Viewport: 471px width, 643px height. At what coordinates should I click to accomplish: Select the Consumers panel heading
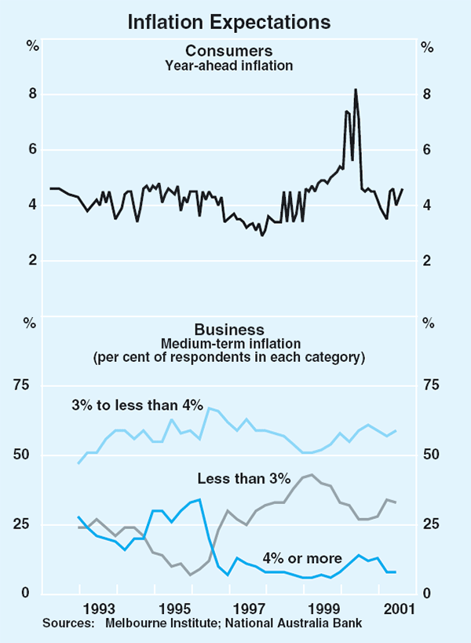click(x=229, y=52)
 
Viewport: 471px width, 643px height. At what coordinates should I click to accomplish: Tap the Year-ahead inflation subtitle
click(x=229, y=66)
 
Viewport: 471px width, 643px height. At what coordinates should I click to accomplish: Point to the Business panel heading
click(x=229, y=330)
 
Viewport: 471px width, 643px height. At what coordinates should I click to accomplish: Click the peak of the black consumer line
click(x=356, y=90)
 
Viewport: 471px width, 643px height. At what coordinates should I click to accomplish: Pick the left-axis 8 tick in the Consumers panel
click(x=34, y=94)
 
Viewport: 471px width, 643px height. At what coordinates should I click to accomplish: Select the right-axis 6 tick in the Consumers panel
click(x=428, y=150)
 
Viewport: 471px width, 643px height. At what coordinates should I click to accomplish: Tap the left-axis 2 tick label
click(x=34, y=261)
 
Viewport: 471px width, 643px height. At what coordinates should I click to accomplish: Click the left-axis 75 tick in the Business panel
click(x=31, y=385)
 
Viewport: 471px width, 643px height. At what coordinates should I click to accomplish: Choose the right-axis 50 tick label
click(x=431, y=455)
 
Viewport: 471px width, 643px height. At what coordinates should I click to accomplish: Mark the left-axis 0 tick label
click(x=34, y=594)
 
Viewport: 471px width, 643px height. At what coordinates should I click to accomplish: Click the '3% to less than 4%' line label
click(x=136, y=406)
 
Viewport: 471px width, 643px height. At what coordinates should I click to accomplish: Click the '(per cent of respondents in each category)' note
click(x=229, y=357)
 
